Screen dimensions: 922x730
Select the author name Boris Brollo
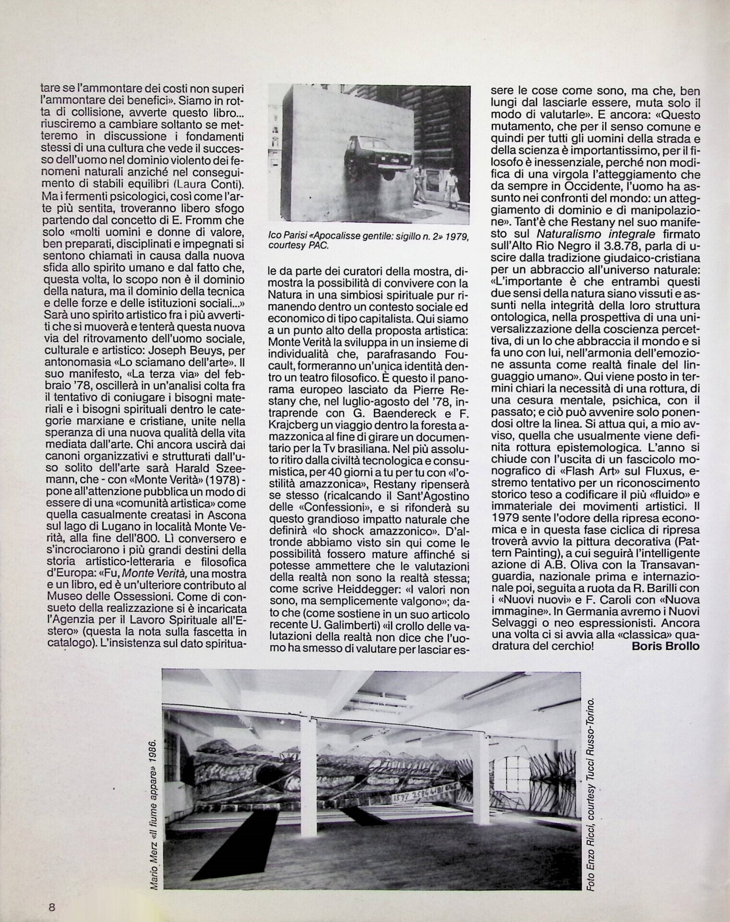(665, 646)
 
